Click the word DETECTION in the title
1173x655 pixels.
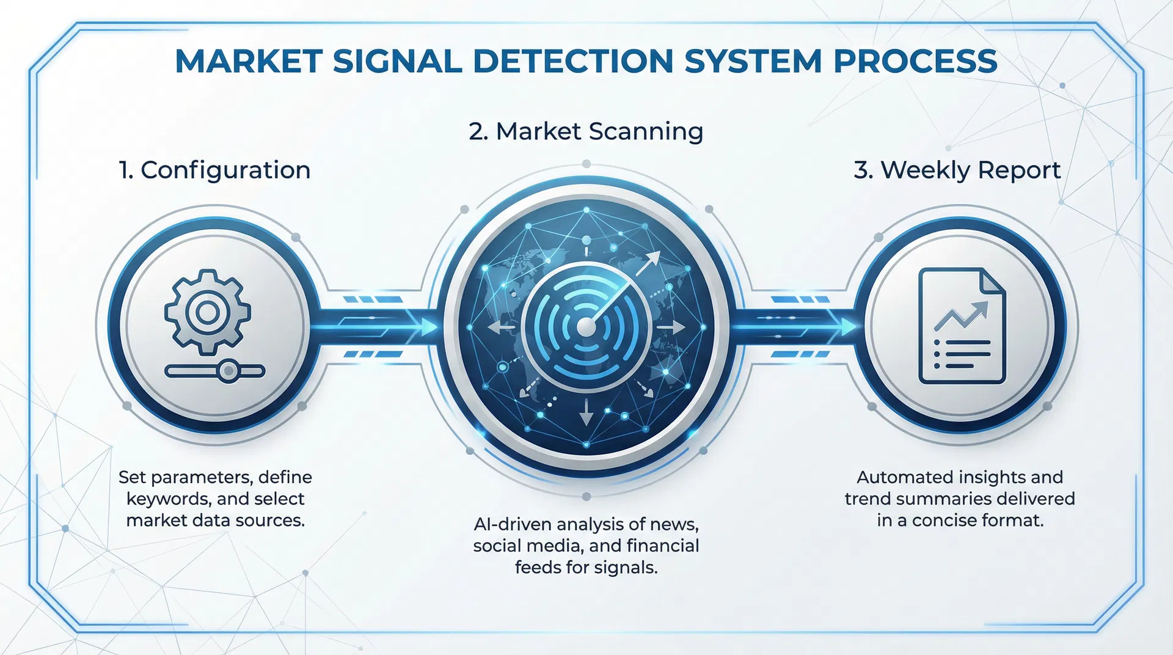[x=573, y=61]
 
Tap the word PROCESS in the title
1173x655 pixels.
[x=915, y=61]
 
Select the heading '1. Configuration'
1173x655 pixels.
[x=214, y=170]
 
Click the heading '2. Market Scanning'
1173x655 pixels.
[x=586, y=131]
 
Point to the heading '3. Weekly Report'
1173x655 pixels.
[x=957, y=170]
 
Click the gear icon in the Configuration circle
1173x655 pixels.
[x=208, y=312]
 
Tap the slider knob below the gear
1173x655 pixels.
[x=228, y=370]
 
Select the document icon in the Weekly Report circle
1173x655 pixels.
[x=962, y=326]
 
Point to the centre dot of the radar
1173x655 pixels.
[x=586, y=327]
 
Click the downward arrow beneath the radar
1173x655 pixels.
[x=586, y=414]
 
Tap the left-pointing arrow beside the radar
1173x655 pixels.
[x=500, y=328]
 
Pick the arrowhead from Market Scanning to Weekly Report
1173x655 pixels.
[x=848, y=327]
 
